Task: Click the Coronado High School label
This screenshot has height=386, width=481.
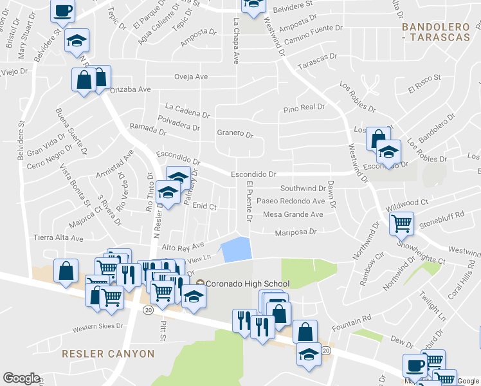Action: pos(248,284)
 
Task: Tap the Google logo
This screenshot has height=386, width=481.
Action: pos(21,378)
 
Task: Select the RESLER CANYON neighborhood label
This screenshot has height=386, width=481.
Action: pos(108,354)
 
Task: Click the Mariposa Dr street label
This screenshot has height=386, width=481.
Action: pos(296,232)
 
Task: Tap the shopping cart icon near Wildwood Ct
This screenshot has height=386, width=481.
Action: pos(402,223)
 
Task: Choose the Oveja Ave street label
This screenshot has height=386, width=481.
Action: pos(191,77)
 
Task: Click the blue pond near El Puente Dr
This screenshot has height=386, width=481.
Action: pos(235,249)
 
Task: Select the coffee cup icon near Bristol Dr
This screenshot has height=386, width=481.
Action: pos(63,11)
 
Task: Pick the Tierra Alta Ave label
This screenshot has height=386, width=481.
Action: pos(59,237)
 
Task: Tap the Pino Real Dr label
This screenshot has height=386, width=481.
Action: pos(300,109)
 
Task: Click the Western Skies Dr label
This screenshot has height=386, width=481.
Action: pos(97,326)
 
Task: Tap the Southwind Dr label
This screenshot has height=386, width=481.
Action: pos(303,188)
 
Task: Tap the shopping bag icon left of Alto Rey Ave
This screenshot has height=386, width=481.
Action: pos(66,271)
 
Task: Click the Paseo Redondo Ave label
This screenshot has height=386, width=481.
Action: pos(291,201)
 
